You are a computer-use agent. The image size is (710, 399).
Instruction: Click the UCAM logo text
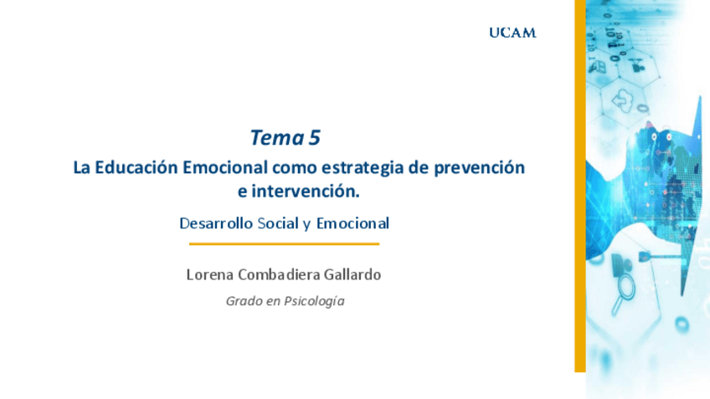click(512, 33)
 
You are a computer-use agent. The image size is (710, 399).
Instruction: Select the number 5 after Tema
click(315, 137)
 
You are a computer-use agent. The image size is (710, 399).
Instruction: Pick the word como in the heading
click(292, 167)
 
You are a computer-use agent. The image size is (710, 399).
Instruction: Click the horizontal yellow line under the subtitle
click(284, 244)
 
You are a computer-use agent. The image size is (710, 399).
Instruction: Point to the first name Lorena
click(210, 274)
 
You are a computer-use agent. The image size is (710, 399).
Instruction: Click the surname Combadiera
click(280, 274)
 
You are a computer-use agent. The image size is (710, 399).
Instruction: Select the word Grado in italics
click(243, 301)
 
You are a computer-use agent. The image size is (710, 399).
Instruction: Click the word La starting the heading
click(81, 167)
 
